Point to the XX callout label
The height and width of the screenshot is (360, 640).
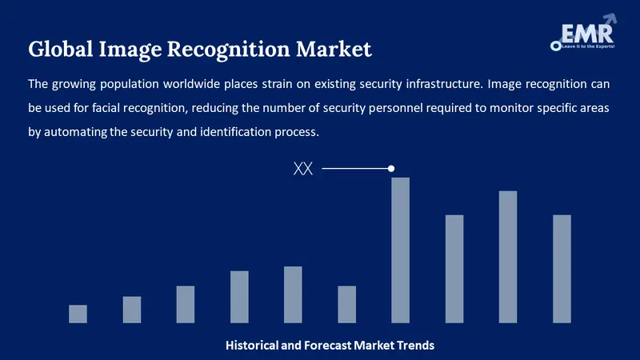[x=303, y=169]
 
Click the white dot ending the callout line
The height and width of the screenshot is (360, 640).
[x=391, y=169]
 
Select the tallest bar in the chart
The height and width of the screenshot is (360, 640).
[x=400, y=250]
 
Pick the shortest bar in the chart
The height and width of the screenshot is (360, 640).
[x=78, y=314]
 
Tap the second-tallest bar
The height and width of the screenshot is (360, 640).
[x=508, y=257]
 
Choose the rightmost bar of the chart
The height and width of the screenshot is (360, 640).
[x=562, y=269]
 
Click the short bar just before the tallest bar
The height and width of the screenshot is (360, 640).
[x=346, y=304]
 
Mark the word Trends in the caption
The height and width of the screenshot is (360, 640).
[x=415, y=346]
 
